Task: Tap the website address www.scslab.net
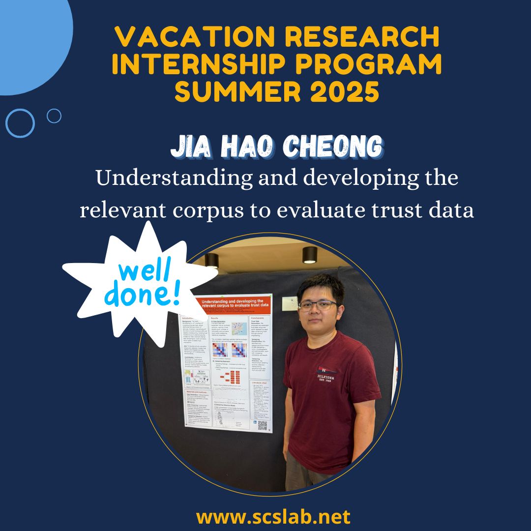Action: pyautogui.click(x=273, y=516)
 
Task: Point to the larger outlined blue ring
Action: pyautogui.click(x=20, y=123)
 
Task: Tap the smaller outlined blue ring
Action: pyautogui.click(x=54, y=116)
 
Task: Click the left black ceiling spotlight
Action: pyautogui.click(x=211, y=260)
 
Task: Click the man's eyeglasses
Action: pyautogui.click(x=317, y=305)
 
